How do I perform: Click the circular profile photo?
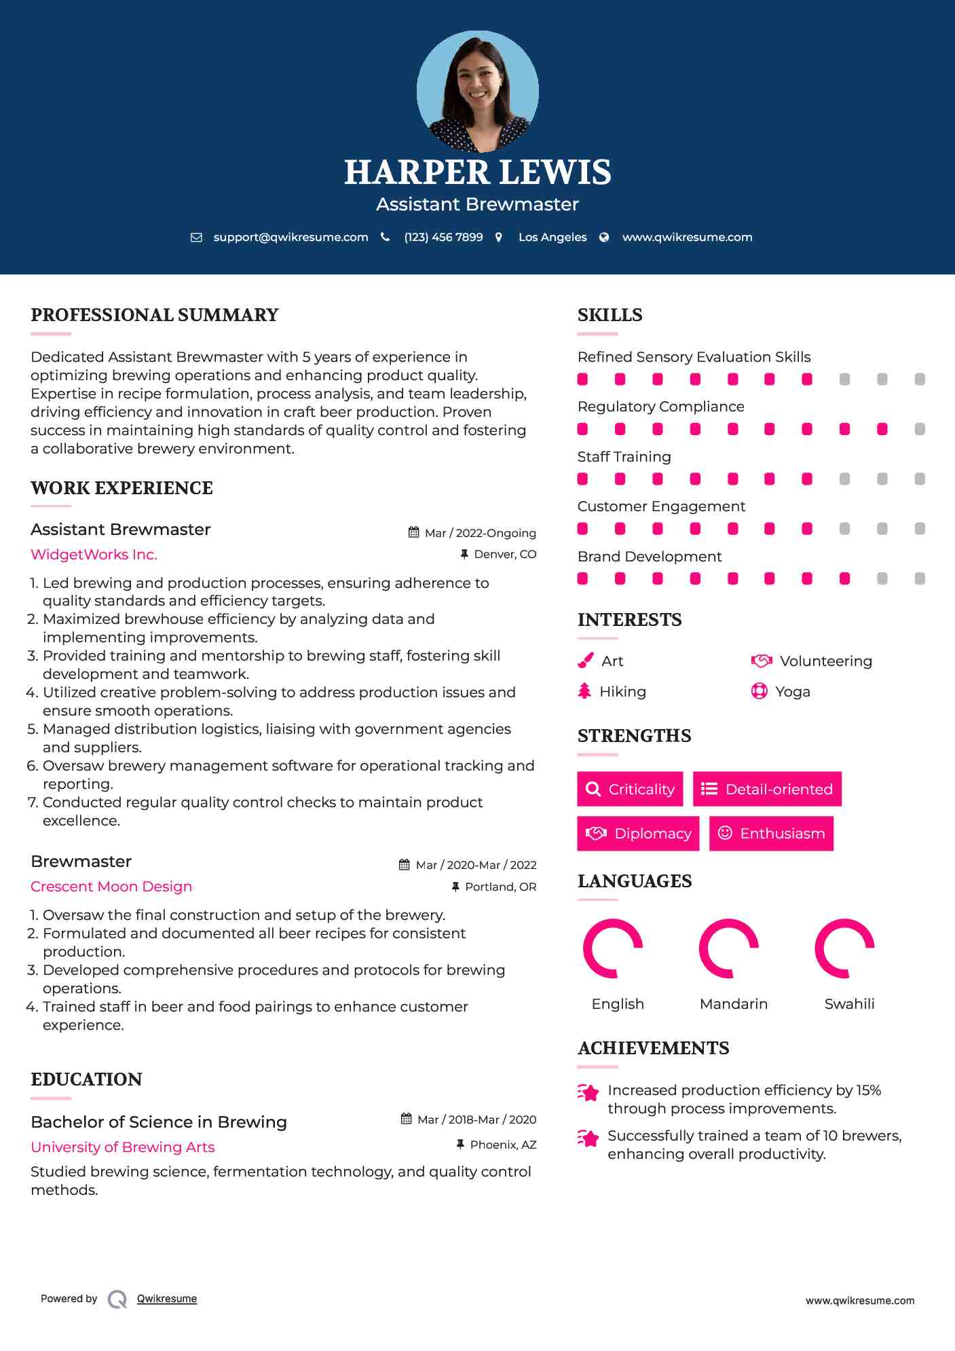coord(477,91)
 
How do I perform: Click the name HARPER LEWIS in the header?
coord(477,172)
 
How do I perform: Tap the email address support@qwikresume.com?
coord(291,237)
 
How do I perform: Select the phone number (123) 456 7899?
coord(443,237)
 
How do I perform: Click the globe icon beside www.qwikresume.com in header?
coord(604,237)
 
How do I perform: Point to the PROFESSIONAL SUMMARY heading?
coord(155,315)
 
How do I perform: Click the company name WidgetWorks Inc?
coord(94,555)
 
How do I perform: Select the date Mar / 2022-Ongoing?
coord(480,533)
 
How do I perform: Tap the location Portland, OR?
coord(500,887)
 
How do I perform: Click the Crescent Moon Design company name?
coord(111,887)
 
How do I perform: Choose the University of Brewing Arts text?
coord(123,1147)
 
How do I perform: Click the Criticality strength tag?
coord(630,789)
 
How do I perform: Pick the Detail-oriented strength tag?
coord(767,789)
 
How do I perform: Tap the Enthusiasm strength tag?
coord(771,833)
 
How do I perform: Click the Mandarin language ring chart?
coord(728,948)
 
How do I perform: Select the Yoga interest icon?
coord(760,691)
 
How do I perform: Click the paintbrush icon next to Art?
coord(585,661)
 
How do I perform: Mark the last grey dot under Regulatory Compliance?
coord(920,429)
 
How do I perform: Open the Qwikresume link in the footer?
coord(167,1299)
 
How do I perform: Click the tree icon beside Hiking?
coord(584,691)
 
